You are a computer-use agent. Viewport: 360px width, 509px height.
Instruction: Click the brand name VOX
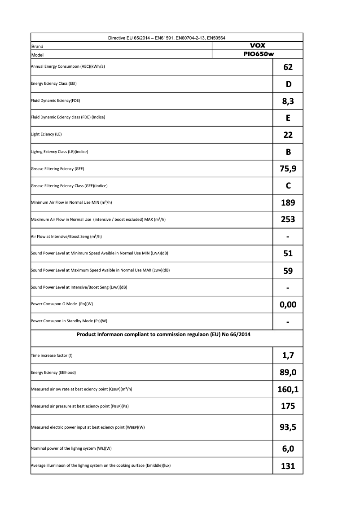tap(257, 46)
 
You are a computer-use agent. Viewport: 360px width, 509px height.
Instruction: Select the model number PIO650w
tap(257, 54)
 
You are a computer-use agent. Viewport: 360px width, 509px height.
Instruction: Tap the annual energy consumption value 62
tap(288, 67)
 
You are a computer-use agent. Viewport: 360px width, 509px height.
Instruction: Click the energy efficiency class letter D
tap(288, 84)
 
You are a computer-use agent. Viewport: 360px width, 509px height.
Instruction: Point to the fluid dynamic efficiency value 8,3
tap(288, 101)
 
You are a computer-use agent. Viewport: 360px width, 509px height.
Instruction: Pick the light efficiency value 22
tap(288, 135)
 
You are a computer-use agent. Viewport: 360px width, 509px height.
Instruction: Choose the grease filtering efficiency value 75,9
tap(288, 169)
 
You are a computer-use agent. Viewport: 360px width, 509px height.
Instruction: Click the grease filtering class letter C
tap(288, 185)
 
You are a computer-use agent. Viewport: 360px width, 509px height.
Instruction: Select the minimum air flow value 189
tap(288, 202)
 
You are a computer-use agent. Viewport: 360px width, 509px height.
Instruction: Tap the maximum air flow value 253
tap(288, 219)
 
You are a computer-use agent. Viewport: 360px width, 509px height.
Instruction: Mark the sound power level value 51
tap(288, 254)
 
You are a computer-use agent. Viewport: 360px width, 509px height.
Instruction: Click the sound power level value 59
tap(288, 271)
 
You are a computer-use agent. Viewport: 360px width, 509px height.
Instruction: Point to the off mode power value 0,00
tap(288, 305)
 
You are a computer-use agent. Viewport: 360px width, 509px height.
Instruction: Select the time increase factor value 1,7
tap(288, 355)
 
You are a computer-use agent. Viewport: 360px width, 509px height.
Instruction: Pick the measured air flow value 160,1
tap(288, 389)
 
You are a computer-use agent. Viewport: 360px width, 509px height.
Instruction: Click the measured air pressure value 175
tap(288, 406)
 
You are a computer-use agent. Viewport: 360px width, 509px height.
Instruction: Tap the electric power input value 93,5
tap(288, 427)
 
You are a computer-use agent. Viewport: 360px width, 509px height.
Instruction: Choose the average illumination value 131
tap(288, 466)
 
